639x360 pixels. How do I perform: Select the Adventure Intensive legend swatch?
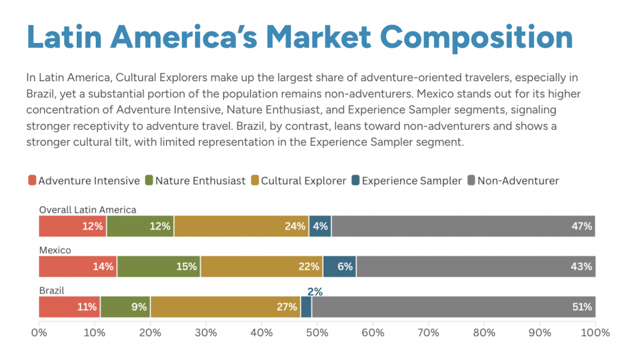(32, 181)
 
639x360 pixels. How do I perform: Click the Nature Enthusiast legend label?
(200, 181)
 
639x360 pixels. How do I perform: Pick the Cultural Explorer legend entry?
(304, 181)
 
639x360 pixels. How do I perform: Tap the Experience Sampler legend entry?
(412, 181)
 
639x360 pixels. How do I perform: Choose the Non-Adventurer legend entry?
(518, 181)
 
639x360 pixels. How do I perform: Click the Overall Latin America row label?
(88, 210)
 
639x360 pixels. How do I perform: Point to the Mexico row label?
(55, 250)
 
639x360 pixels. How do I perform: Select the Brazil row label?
(52, 290)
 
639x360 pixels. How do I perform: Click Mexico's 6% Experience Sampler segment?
(339, 267)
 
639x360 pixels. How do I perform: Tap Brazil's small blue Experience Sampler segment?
(306, 307)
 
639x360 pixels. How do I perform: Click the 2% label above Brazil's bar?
(315, 292)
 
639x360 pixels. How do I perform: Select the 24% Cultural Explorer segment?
(242, 226)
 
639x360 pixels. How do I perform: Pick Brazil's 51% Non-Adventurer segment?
(454, 307)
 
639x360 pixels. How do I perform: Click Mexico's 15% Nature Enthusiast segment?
(158, 267)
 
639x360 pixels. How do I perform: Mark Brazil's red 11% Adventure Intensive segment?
(69, 307)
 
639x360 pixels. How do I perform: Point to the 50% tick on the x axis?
(318, 333)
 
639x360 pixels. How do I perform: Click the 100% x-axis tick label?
(594, 333)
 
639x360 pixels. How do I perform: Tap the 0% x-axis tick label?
(39, 333)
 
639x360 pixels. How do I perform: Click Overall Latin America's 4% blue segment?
(320, 226)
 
